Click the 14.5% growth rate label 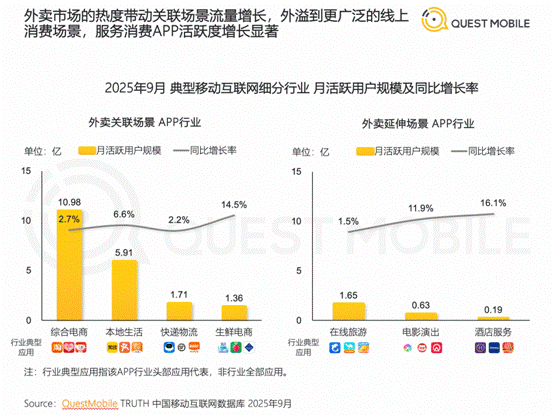[234, 203]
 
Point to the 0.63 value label [420, 304]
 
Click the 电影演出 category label [420, 331]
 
